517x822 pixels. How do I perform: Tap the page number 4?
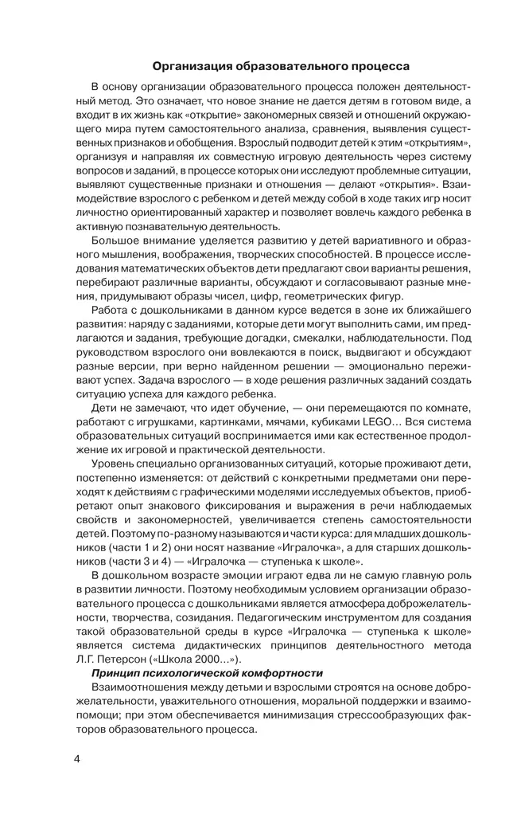(x=77, y=757)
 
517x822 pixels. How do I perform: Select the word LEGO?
(x=372, y=422)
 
